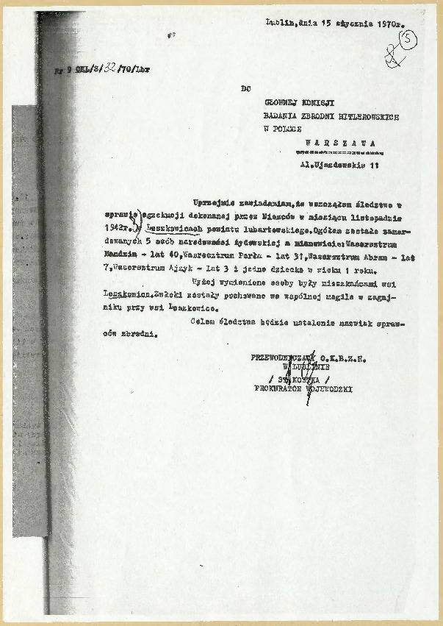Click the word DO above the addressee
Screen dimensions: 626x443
[x=245, y=89]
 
